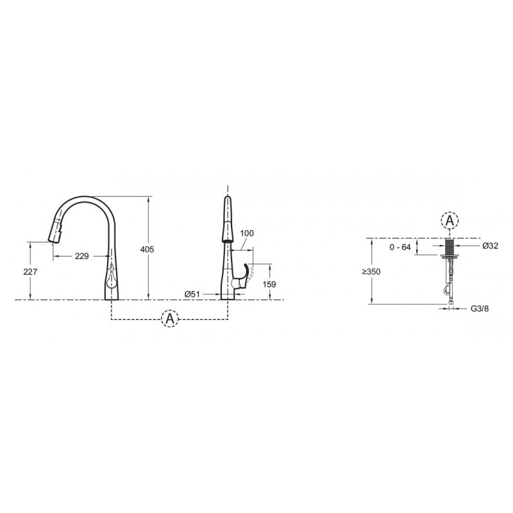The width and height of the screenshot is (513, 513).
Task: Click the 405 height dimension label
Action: [x=147, y=249]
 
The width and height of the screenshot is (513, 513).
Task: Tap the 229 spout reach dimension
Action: [x=82, y=256]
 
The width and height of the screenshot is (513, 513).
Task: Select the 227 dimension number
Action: [x=30, y=271]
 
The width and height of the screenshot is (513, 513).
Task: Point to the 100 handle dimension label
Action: [x=247, y=233]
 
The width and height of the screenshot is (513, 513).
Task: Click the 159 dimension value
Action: [x=269, y=284]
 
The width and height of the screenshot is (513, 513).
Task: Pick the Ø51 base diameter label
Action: [x=192, y=294]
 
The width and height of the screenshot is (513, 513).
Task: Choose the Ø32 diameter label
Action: [x=490, y=246]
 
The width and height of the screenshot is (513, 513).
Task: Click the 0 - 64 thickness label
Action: [x=399, y=248]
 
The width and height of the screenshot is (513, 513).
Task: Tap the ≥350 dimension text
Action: [x=371, y=271]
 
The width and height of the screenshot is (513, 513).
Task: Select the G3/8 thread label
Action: [x=480, y=308]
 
